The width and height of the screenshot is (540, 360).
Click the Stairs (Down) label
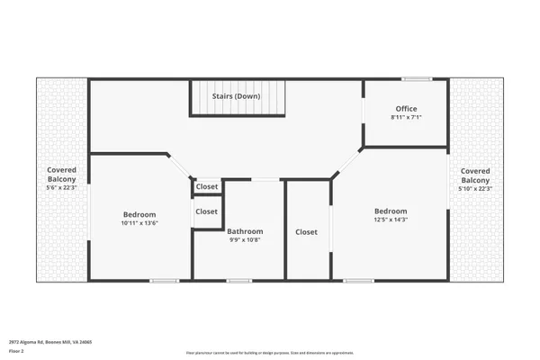pos(237,94)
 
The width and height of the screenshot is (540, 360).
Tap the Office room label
pos(406,108)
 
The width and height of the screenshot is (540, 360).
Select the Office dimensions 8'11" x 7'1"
pos(406,118)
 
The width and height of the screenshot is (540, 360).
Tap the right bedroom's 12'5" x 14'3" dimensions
pos(391,220)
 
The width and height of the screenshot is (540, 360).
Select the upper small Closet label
pos(207,187)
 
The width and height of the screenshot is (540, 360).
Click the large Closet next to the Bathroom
pos(306,231)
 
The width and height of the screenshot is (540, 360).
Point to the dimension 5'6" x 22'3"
pos(62,187)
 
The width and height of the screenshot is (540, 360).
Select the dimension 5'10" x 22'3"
pos(475,189)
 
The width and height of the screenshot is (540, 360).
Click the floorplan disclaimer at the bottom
pos(270,353)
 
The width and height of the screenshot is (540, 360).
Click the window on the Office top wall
pos(416,79)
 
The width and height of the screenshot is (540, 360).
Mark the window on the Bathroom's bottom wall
pos(238,281)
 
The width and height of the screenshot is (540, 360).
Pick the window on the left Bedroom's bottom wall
pos(164,281)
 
